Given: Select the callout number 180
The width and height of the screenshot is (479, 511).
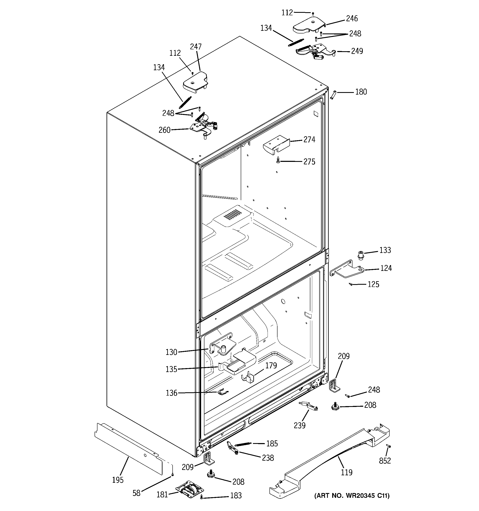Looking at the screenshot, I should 361,92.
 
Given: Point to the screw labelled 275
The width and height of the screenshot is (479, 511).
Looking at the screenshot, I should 278,160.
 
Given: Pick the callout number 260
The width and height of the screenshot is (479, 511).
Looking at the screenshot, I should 165,130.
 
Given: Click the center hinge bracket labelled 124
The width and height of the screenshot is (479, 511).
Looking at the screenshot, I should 347,270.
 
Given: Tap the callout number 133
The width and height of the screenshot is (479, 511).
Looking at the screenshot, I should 385,250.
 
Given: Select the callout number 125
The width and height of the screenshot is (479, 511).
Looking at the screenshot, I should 373,284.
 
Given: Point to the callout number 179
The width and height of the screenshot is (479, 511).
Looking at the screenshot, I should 271,365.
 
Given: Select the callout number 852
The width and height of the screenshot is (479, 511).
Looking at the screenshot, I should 385,461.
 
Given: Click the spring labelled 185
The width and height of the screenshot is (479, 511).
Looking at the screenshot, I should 243,444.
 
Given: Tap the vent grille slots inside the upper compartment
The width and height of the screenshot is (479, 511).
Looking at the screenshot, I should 233,214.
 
